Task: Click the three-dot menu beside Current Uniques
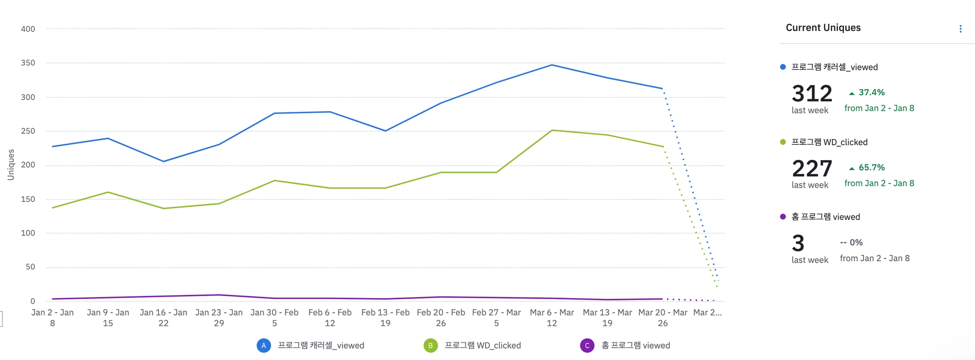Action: click(x=960, y=29)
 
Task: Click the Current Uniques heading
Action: click(x=823, y=28)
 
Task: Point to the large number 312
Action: click(x=812, y=93)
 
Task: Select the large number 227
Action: click(x=812, y=169)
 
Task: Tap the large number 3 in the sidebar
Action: click(x=798, y=243)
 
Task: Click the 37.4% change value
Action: click(x=871, y=92)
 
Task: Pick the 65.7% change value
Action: click(x=871, y=168)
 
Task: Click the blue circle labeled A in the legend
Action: click(x=264, y=346)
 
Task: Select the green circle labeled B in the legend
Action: click(x=430, y=346)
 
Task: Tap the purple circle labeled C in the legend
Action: click(x=587, y=346)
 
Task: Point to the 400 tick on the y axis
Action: click(x=28, y=29)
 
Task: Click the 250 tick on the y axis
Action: click(x=28, y=131)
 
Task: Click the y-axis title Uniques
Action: click(x=11, y=165)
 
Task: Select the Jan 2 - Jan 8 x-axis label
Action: click(x=52, y=318)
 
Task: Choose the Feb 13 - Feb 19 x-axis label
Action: click(x=385, y=318)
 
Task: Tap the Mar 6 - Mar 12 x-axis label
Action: click(x=552, y=318)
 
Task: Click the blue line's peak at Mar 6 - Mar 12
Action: click(x=552, y=65)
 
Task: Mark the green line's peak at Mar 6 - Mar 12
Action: click(x=552, y=130)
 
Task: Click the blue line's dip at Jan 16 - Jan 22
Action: click(x=163, y=161)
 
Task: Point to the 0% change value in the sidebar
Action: click(x=856, y=242)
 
